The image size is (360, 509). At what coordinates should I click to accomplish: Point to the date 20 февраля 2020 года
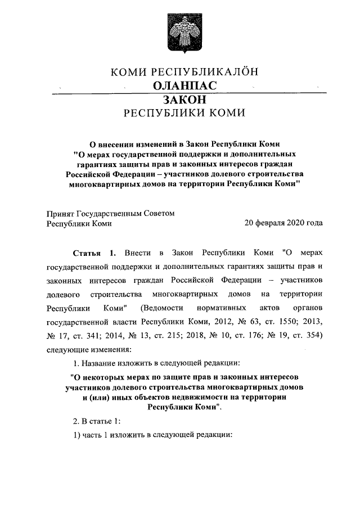click(x=283, y=223)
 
